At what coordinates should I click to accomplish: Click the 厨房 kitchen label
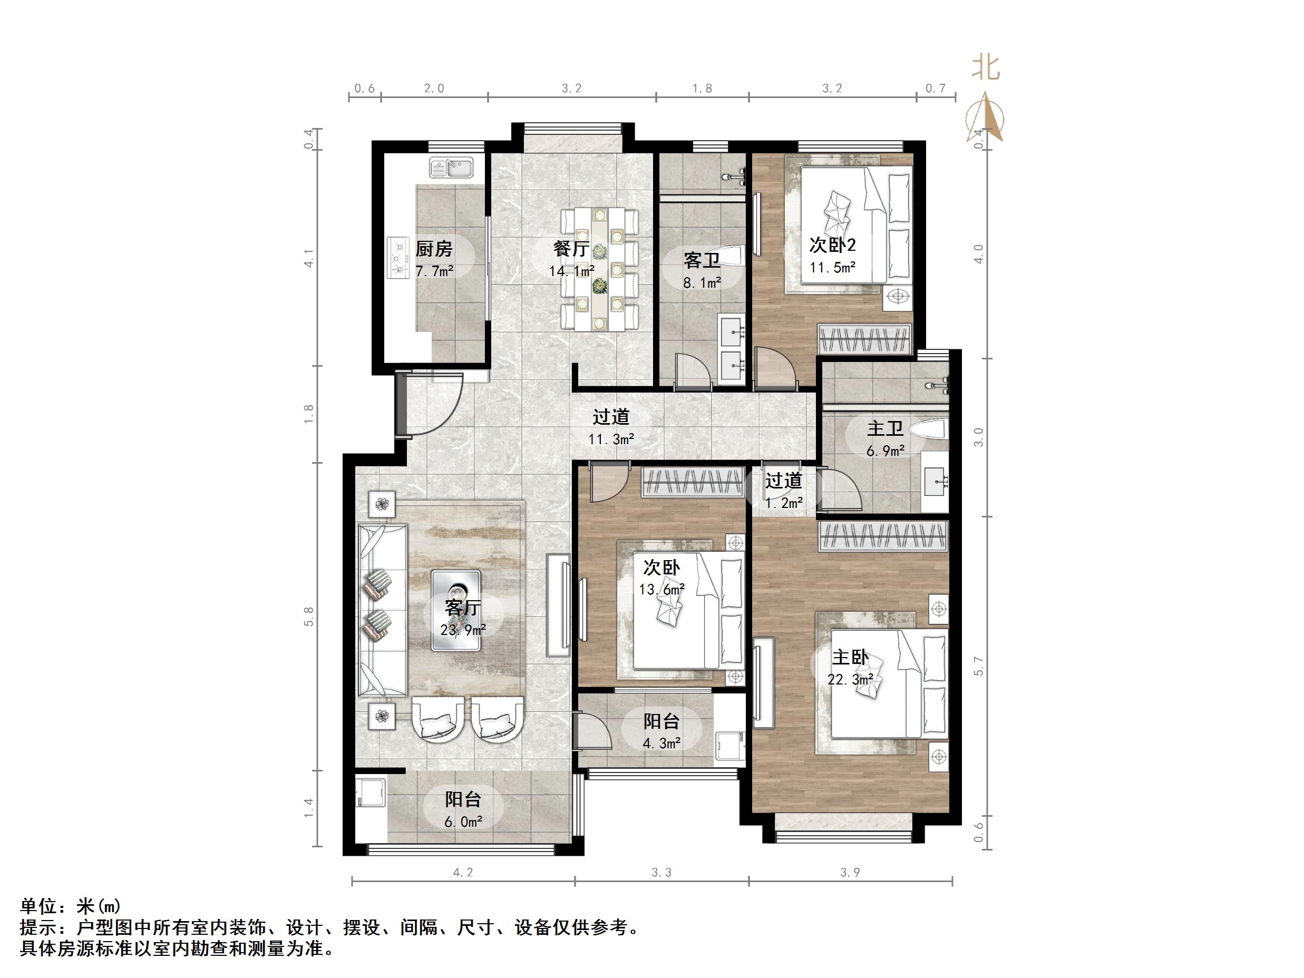[x=434, y=249]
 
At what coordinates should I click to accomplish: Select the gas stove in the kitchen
[x=399, y=257]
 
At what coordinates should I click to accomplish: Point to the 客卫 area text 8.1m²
[x=702, y=283]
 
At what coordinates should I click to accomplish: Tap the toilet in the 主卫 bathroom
[x=928, y=428]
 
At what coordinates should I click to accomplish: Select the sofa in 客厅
[x=382, y=610]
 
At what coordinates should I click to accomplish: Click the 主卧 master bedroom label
[x=850, y=657]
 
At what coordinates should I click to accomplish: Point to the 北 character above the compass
[x=986, y=67]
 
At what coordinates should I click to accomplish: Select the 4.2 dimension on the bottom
[x=463, y=872]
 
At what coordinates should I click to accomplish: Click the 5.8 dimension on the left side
[x=309, y=616]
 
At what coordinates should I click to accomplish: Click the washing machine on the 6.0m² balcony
[x=371, y=793]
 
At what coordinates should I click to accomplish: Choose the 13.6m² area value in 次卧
[x=661, y=589]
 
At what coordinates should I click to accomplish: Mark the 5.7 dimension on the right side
[x=979, y=666]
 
